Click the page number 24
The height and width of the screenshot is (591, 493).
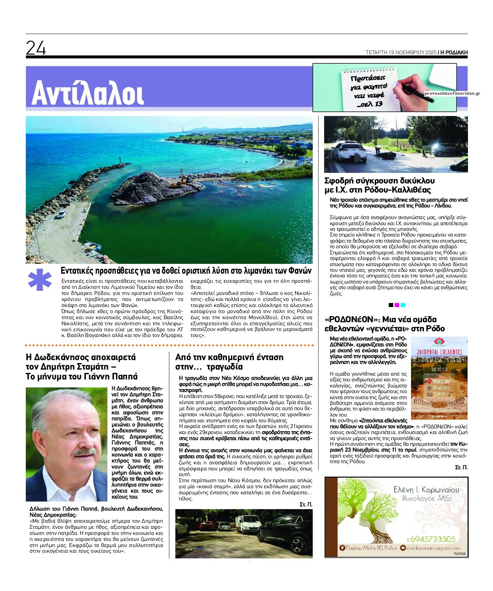pyautogui.click(x=36, y=48)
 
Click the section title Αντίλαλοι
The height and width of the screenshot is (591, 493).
pyautogui.click(x=87, y=93)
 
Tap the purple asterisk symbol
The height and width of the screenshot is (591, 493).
pyautogui.click(x=40, y=280)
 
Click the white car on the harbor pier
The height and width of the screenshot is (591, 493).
pyautogui.click(x=61, y=214)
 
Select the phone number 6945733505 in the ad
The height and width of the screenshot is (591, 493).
pyautogui.click(x=431, y=539)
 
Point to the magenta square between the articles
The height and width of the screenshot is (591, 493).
pyautogui.click(x=397, y=305)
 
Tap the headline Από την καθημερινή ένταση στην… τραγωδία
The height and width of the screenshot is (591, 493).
pyautogui.click(x=229, y=362)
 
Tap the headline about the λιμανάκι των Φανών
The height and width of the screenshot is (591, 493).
pyautogui.click(x=186, y=271)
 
